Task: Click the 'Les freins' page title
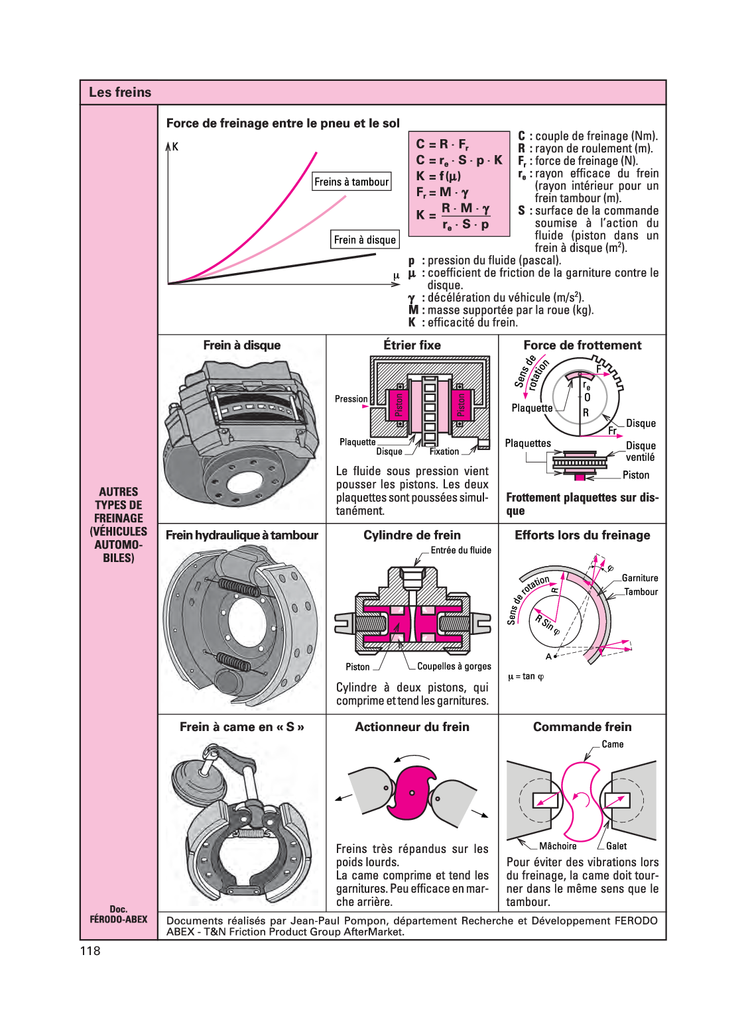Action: (x=120, y=92)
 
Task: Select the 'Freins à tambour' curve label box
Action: (x=351, y=182)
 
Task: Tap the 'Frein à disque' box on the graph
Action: (x=365, y=240)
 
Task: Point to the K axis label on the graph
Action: (x=175, y=146)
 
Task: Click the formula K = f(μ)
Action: (x=438, y=176)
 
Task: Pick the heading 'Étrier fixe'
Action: (x=412, y=345)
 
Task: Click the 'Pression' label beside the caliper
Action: (x=351, y=399)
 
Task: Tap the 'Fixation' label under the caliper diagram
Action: (x=444, y=451)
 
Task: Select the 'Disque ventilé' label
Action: (x=641, y=451)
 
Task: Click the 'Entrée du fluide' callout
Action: (x=461, y=550)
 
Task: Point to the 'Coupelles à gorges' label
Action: (x=454, y=666)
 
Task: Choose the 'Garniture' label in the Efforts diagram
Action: (x=640, y=578)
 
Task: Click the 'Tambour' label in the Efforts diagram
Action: (x=641, y=592)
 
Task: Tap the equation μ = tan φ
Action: (x=526, y=677)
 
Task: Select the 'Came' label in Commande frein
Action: (x=613, y=744)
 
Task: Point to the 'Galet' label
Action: (x=616, y=846)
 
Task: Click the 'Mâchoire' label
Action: (x=558, y=846)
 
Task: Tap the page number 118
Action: (x=90, y=951)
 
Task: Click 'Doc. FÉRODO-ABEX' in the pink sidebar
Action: (x=119, y=914)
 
